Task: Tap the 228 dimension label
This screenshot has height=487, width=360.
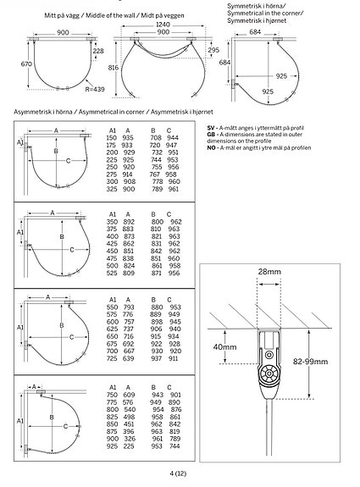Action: (x=99, y=52)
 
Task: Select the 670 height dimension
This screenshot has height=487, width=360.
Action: (x=25, y=63)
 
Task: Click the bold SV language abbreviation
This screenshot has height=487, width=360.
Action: (x=210, y=125)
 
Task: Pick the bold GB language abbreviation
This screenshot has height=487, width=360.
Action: (x=210, y=134)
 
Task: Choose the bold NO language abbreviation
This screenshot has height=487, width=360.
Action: (x=210, y=147)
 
